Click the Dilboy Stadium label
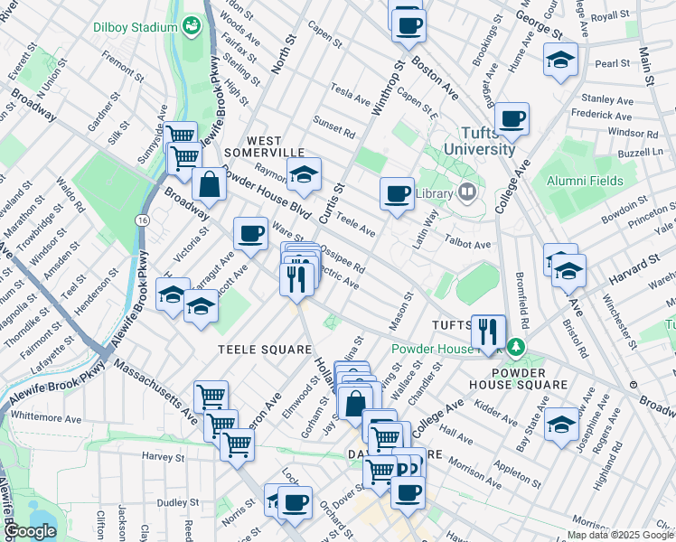[x=135, y=26]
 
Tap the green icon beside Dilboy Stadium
[x=192, y=25]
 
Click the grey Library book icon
[x=466, y=191]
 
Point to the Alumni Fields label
[x=585, y=181]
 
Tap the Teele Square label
[x=252, y=349]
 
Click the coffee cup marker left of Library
[x=396, y=193]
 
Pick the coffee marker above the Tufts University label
[x=512, y=118]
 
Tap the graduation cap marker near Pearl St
[x=560, y=61]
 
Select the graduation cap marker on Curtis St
[x=305, y=174]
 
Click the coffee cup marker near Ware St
[x=250, y=233]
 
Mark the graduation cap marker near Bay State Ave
[x=561, y=427]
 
